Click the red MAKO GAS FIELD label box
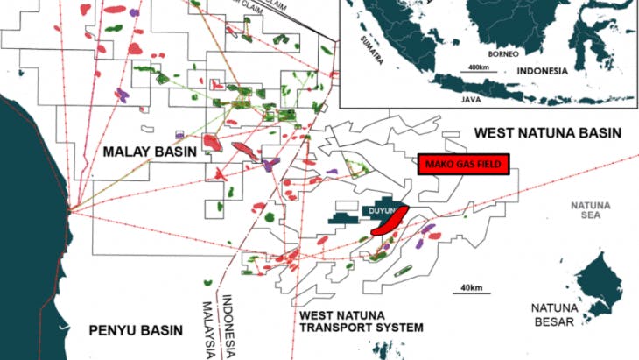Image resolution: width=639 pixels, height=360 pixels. point(462,164)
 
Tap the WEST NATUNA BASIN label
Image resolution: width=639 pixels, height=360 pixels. point(547,133)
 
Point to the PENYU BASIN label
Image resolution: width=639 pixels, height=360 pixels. point(135,330)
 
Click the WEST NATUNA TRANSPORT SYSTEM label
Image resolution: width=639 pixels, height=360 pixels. point(360,321)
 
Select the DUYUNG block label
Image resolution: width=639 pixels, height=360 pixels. point(383,213)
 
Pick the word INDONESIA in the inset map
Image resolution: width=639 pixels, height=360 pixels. point(543,70)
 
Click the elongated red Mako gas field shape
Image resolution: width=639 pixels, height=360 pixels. point(390,220)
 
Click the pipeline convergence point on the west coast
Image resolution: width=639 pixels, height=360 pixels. point(72,208)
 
